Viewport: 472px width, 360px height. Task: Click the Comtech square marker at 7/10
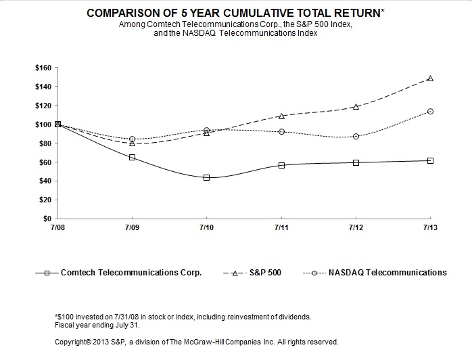[206, 177]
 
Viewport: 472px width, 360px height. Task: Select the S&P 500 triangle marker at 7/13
[430, 78]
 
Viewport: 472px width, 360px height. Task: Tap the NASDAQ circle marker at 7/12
[356, 136]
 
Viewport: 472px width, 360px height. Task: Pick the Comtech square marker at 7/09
[132, 157]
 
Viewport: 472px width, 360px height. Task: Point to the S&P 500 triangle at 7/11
[281, 116]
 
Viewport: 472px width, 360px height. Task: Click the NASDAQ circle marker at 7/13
[430, 111]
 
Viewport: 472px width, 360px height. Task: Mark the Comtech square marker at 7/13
[430, 160]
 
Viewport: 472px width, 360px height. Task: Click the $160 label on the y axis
[42, 68]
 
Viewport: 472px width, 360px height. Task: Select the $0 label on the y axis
[45, 219]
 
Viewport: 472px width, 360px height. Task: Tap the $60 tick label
[44, 162]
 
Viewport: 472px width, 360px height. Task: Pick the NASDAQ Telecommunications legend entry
[388, 273]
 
